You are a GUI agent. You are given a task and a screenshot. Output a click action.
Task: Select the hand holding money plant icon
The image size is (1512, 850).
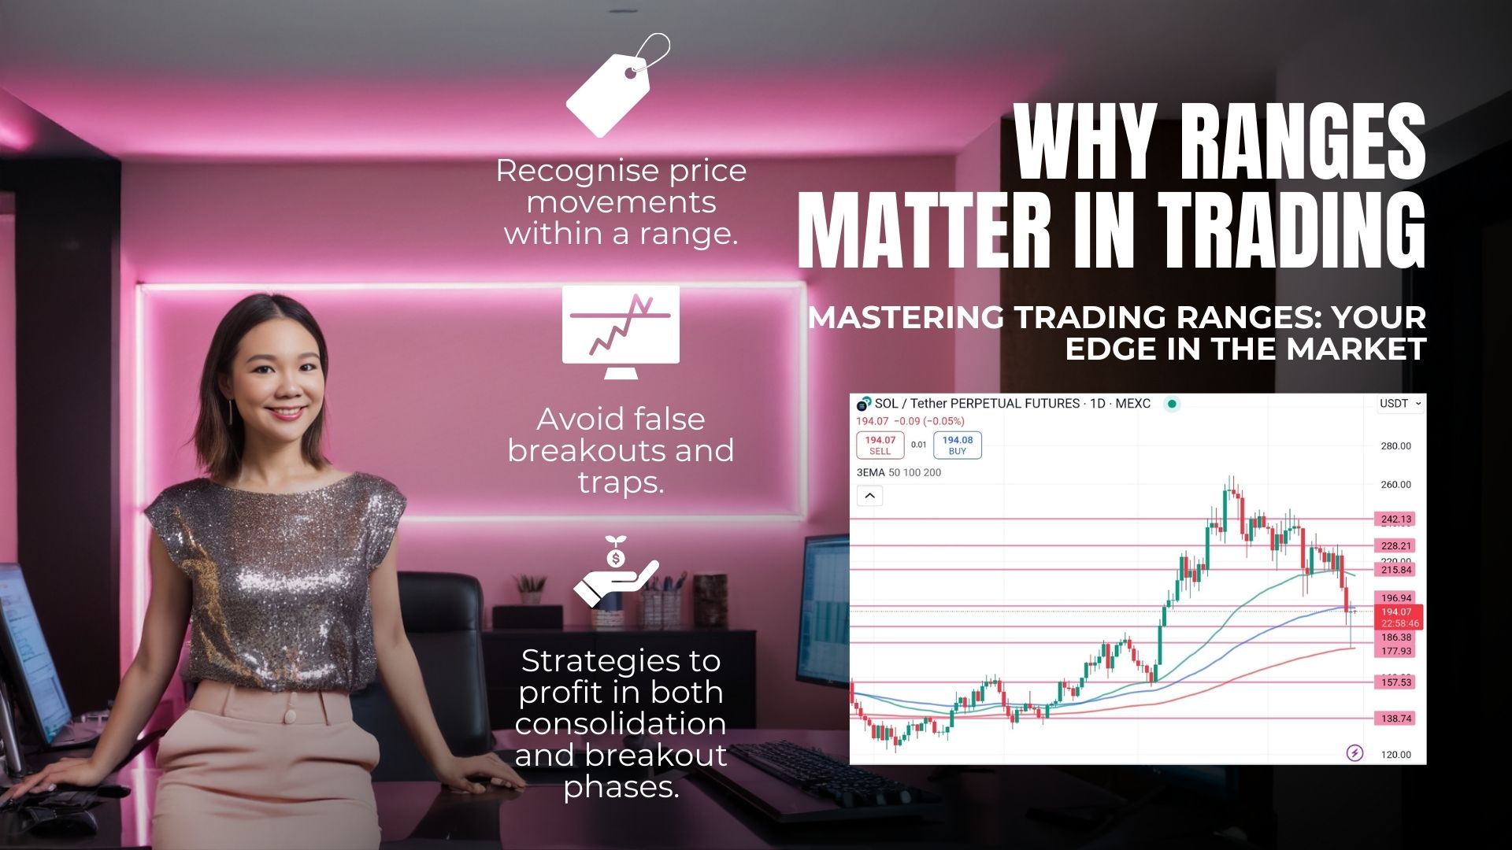click(616, 572)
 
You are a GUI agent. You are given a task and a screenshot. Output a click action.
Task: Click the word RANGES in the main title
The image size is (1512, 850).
click(1304, 142)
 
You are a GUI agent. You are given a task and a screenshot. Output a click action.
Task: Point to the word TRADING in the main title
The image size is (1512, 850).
click(1291, 228)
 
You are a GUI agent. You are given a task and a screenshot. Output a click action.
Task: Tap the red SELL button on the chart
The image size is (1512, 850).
click(880, 445)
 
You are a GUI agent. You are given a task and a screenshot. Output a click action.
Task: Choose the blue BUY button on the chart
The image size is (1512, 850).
click(958, 445)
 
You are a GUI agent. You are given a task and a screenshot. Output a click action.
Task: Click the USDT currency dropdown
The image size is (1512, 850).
click(1400, 404)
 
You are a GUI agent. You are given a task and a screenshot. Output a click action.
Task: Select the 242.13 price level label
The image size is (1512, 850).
click(1396, 519)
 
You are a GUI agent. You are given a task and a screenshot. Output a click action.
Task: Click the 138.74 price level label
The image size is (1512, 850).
click(1396, 719)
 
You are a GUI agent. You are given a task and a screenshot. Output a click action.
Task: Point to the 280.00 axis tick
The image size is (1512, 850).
click(1396, 446)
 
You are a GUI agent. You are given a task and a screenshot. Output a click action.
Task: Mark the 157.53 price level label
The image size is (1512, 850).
click(1396, 682)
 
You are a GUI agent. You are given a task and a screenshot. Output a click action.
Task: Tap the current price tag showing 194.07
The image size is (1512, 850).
click(1396, 617)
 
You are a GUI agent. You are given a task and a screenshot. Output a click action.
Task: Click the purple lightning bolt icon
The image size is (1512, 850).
click(1354, 753)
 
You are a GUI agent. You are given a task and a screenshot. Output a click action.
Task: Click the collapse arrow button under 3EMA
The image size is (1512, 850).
click(869, 496)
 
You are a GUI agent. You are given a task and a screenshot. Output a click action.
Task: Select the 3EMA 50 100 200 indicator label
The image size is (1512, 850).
click(899, 473)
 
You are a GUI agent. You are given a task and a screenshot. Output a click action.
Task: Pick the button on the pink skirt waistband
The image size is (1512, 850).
click(290, 716)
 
